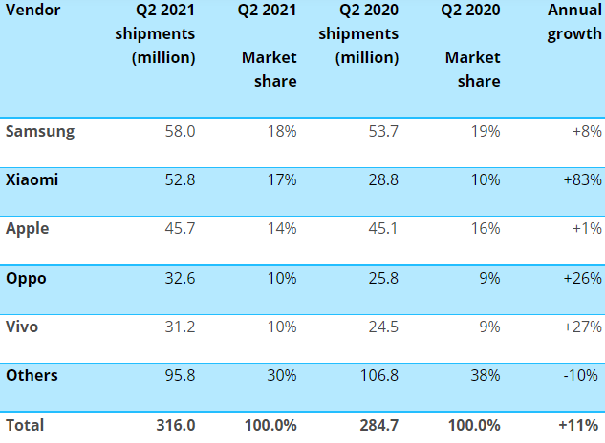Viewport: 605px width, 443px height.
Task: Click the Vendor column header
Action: click(x=32, y=10)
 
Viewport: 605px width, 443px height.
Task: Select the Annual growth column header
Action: click(x=574, y=22)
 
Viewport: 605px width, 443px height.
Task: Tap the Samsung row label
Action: click(x=40, y=132)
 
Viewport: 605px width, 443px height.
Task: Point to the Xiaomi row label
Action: click(x=32, y=180)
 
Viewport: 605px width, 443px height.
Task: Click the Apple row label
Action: click(x=28, y=229)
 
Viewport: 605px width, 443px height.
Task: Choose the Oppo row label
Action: click(x=26, y=279)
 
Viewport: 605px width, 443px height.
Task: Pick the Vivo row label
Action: click(x=22, y=327)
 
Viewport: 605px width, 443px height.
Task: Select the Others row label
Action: click(x=32, y=375)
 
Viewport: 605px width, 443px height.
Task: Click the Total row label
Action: click(x=25, y=425)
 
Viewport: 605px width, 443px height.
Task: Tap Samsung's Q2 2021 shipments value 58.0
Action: click(x=181, y=132)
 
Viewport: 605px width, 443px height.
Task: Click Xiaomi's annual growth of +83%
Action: click(x=582, y=180)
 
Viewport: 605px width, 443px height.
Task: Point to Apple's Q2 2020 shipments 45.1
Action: click(x=383, y=228)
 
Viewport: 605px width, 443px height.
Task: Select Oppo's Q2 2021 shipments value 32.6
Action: click(x=181, y=278)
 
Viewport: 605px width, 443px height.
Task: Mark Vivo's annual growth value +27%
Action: click(x=582, y=327)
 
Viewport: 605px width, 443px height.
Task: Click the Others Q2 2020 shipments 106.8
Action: click(x=379, y=375)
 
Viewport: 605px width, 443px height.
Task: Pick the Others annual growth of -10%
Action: click(x=581, y=375)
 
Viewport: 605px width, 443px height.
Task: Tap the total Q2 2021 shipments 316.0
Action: click(x=176, y=425)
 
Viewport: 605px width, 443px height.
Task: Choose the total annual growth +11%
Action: click(x=578, y=425)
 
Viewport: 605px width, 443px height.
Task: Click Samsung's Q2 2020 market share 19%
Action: click(x=486, y=132)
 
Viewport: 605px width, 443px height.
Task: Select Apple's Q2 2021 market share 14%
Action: click(x=282, y=228)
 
